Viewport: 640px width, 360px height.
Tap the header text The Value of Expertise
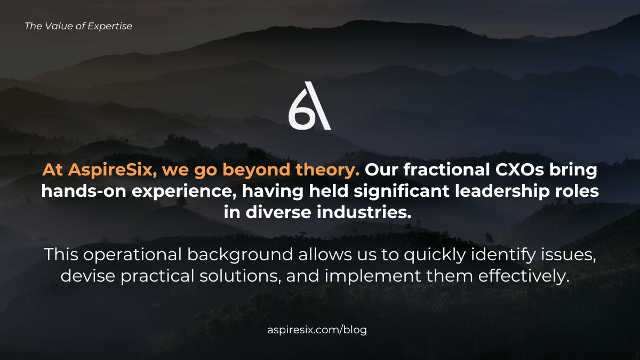78,26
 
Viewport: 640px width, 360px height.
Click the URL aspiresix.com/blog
317,330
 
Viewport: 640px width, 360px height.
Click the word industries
363,212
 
